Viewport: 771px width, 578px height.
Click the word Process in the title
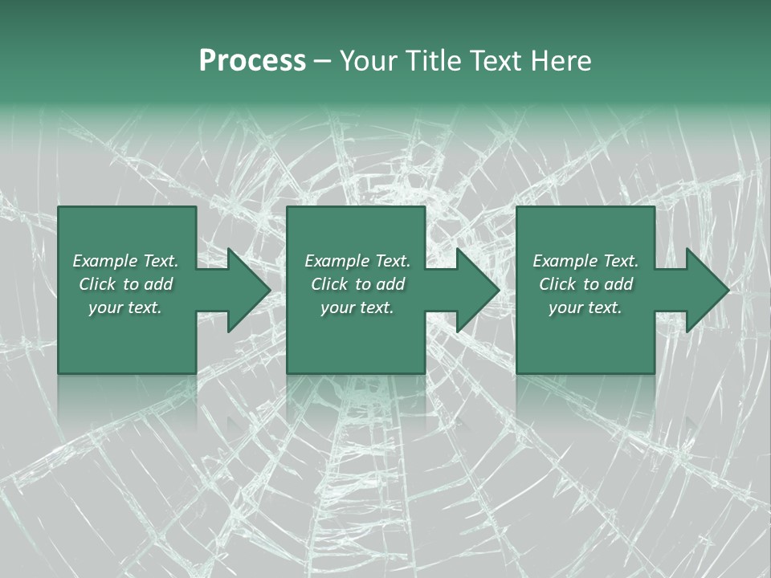pos(252,61)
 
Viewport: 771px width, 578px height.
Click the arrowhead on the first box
pos(245,290)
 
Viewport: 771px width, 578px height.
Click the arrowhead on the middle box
pos(475,290)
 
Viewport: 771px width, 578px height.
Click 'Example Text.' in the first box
pos(125,261)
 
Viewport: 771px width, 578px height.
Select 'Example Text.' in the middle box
pos(357,261)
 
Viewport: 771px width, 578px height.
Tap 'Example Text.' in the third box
pos(585,261)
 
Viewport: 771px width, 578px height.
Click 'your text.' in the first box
pos(125,307)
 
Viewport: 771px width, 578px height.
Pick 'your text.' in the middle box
pos(357,307)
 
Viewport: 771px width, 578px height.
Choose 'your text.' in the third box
pos(585,307)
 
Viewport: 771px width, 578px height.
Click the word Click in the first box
pos(97,284)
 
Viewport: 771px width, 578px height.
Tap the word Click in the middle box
pos(329,284)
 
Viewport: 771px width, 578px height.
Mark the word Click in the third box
pos(557,284)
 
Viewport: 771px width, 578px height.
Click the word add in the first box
pos(158,284)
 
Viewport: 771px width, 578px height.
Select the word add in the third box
pos(618,284)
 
